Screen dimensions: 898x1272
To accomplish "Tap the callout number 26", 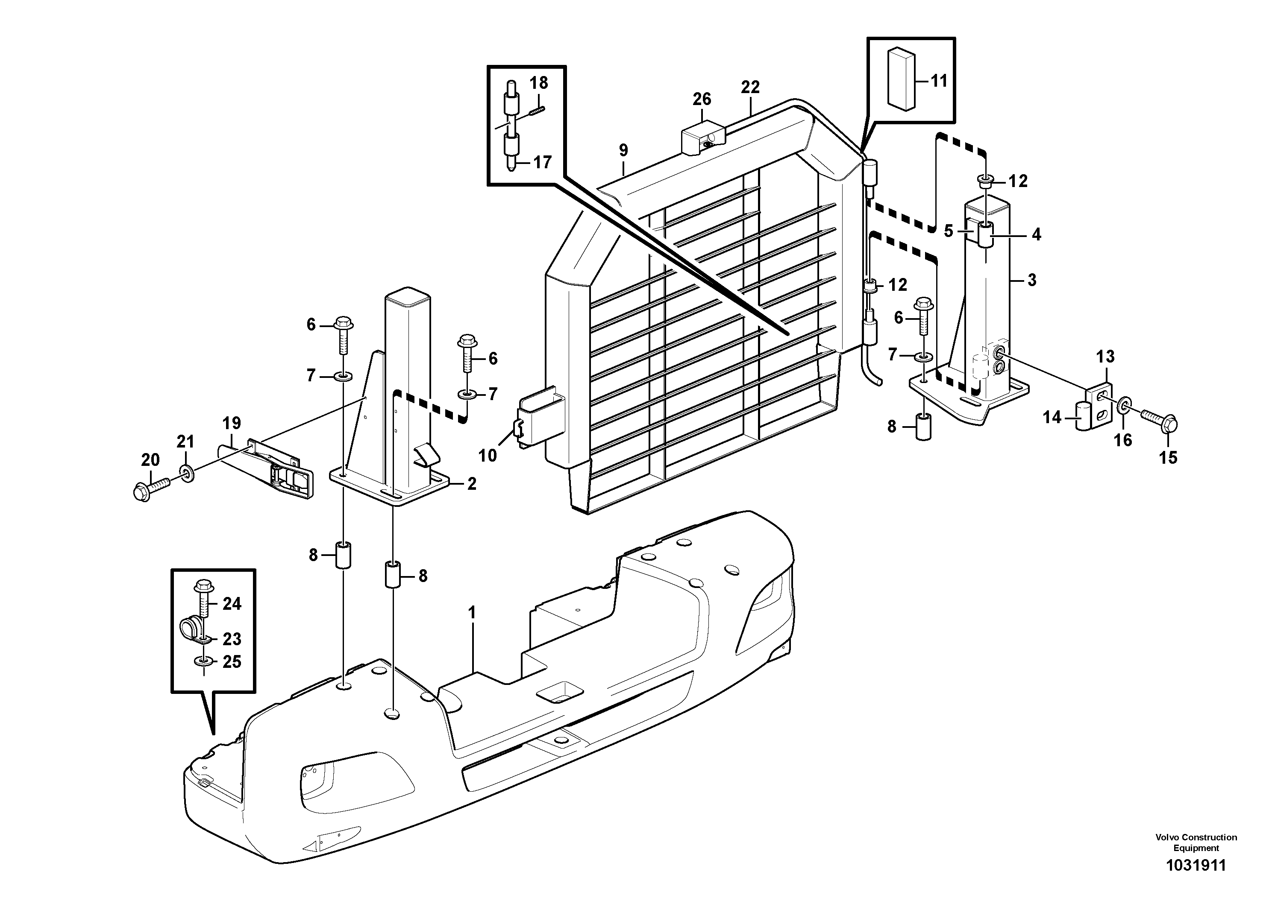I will [x=702, y=99].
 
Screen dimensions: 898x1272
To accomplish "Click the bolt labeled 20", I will [x=150, y=487].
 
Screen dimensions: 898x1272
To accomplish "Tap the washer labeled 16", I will [x=1124, y=420].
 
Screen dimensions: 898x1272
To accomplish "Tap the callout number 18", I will [x=538, y=83].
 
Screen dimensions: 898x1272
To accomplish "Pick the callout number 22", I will [x=750, y=87].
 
